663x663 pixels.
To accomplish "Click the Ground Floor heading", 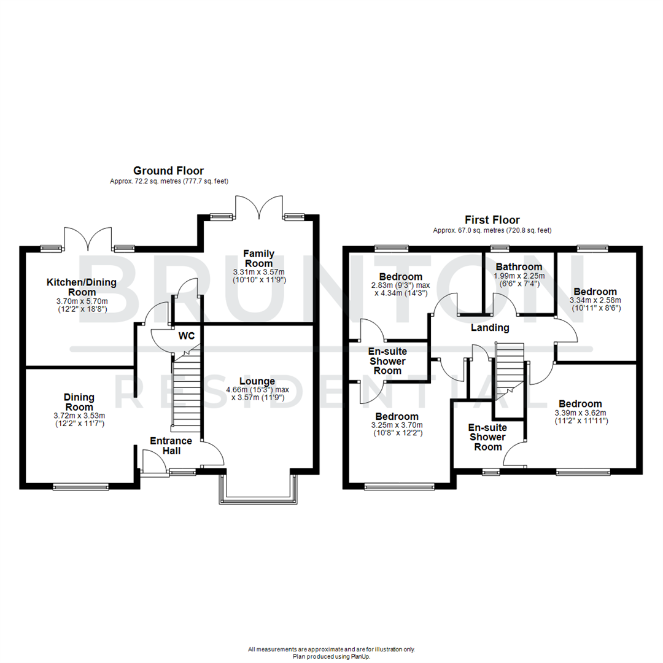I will tap(168, 171).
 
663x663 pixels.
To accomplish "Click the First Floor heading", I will tap(492, 220).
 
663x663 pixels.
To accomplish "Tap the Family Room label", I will tap(258, 258).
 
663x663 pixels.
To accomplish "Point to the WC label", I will tap(187, 337).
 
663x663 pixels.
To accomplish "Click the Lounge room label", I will tap(257, 381).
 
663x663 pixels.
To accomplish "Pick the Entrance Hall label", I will tap(171, 446).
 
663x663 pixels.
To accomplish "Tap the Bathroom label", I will tap(519, 267).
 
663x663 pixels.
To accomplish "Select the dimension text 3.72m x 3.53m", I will tap(79, 416).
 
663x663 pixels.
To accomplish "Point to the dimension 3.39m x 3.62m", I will tap(580, 413).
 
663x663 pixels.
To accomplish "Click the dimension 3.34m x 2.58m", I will tap(596, 300).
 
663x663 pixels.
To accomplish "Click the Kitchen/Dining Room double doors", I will tap(88, 240).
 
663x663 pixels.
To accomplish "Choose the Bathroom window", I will tap(500, 248).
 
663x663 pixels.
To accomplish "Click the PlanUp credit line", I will tap(331, 656).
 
